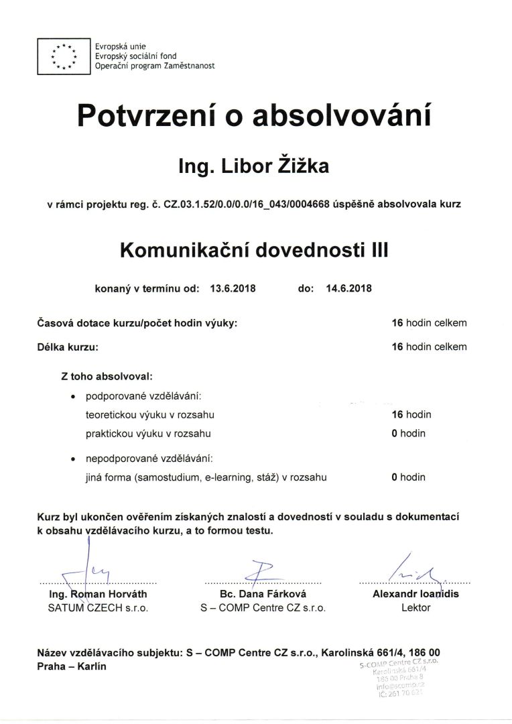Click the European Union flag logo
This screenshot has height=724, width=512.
(x=64, y=57)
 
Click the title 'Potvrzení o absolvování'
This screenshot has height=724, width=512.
(x=253, y=115)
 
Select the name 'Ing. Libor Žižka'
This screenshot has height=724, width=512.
(x=253, y=166)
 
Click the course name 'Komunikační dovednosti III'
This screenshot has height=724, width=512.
(x=254, y=250)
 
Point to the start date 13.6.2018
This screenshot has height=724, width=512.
(x=233, y=289)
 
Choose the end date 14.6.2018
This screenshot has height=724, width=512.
(x=348, y=289)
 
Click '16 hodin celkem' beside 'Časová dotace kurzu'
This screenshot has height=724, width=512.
(x=429, y=323)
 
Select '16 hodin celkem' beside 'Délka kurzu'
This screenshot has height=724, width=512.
(x=429, y=347)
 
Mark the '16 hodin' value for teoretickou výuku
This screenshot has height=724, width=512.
(x=411, y=415)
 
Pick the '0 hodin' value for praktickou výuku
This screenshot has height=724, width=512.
(x=409, y=434)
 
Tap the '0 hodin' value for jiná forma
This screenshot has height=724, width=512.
(x=409, y=477)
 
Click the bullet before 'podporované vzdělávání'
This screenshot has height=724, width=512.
(x=73, y=397)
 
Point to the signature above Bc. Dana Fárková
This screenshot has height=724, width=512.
(x=258, y=570)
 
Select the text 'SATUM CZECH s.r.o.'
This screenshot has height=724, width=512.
(x=98, y=608)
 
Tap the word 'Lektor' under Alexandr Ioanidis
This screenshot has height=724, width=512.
(x=415, y=608)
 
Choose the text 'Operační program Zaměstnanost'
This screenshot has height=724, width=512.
(x=155, y=66)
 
